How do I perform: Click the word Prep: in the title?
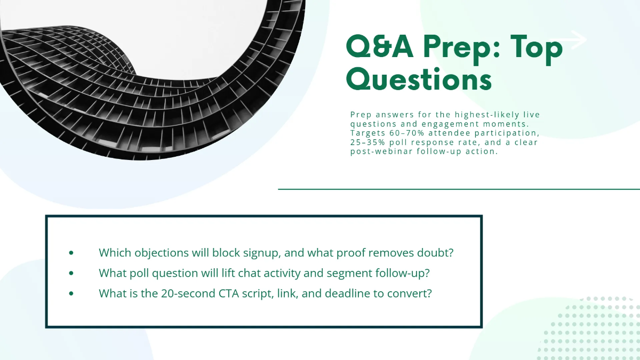click(460, 49)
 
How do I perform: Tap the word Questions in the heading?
click(418, 80)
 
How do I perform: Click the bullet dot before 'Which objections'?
click(71, 253)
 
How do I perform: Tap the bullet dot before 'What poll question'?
click(71, 273)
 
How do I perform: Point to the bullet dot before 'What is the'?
click(71, 294)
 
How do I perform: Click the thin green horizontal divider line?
click(459, 189)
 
